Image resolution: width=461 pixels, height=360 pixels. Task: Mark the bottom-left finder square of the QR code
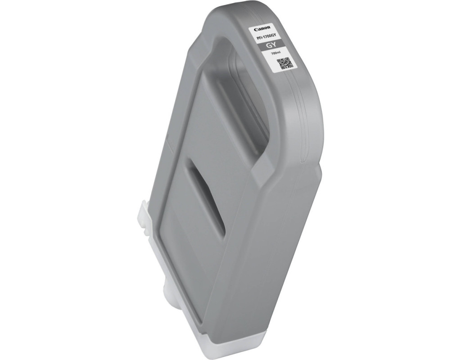(283, 67)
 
